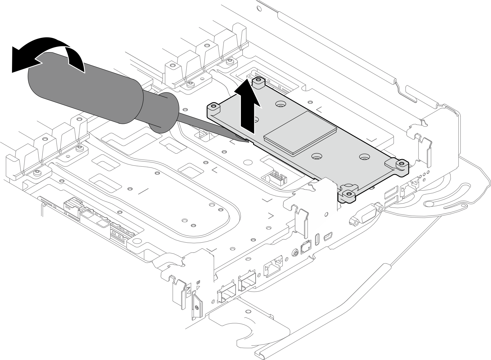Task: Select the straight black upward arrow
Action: point(248,109)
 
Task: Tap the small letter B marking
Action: point(198,282)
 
